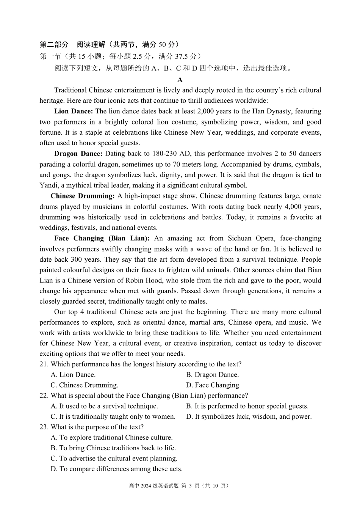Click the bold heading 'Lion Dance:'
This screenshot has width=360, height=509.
tap(73, 112)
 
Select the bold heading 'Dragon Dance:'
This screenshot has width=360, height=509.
tap(78, 154)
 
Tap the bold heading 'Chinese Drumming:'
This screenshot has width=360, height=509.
tap(82, 196)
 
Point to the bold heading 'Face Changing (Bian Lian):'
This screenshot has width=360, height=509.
tap(102, 239)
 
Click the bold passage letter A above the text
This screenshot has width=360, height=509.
tap(180, 80)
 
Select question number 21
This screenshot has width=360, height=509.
tap(44, 364)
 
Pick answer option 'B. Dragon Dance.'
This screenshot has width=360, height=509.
tap(212, 375)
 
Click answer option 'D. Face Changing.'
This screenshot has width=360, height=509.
tap(213, 385)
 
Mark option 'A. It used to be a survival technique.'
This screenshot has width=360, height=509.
tap(104, 406)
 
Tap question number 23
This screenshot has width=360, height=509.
tap(44, 427)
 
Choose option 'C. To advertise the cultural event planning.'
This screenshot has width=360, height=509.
tap(114, 459)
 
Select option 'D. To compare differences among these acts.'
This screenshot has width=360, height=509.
tap(116, 469)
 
